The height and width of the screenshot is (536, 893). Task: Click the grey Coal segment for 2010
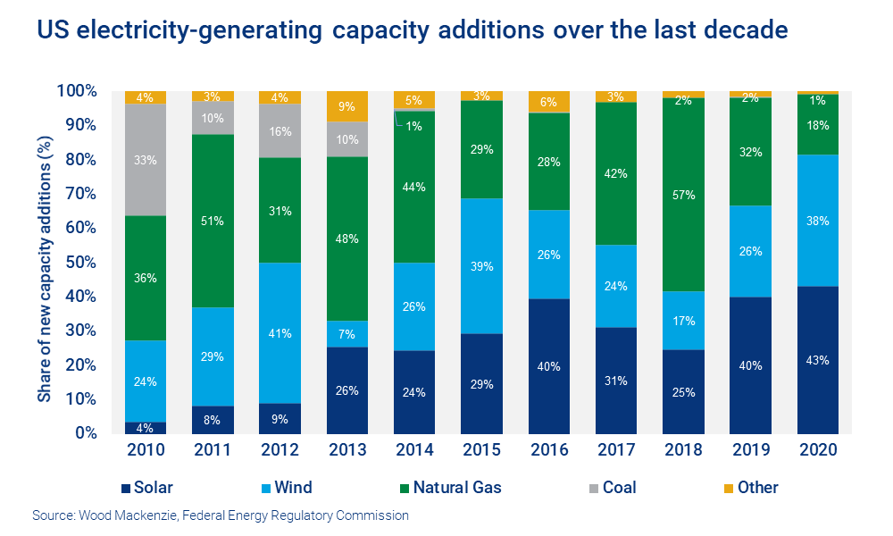coord(146,160)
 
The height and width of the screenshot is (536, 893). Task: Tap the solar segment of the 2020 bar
coord(819,360)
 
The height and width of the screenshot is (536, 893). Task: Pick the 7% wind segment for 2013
coord(347,334)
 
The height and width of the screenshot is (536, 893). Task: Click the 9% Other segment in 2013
coord(347,106)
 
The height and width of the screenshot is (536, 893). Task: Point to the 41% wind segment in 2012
coord(280,333)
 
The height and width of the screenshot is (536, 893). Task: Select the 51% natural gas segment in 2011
coord(213,222)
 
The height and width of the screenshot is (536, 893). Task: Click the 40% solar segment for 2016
coord(550,366)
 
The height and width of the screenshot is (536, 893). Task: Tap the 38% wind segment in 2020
coord(819,221)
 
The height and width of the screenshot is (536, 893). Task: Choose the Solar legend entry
coord(147,488)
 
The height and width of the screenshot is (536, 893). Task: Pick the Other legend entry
coord(749,488)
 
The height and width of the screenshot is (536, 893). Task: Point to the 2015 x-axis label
coord(482,450)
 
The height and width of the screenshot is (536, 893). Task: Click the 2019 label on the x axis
coord(752,450)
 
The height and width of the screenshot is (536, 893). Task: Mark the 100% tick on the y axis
coord(78,91)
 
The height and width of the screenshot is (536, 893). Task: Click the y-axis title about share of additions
coord(43,261)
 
